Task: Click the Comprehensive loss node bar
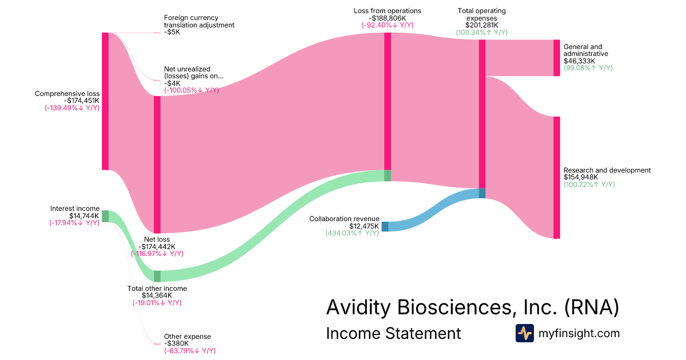105,101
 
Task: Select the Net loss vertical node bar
157,164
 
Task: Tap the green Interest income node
105,216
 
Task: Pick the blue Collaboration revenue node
385,226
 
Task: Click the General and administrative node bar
556,58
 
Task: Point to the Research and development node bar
556,177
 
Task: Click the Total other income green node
157,276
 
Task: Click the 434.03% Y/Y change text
352,233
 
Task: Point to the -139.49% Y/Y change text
72,108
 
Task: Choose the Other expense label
187,337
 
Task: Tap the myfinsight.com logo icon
524,333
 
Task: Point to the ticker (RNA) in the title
591,307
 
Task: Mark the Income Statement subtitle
393,333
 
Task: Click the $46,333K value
579,61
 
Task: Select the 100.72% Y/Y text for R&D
589,185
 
